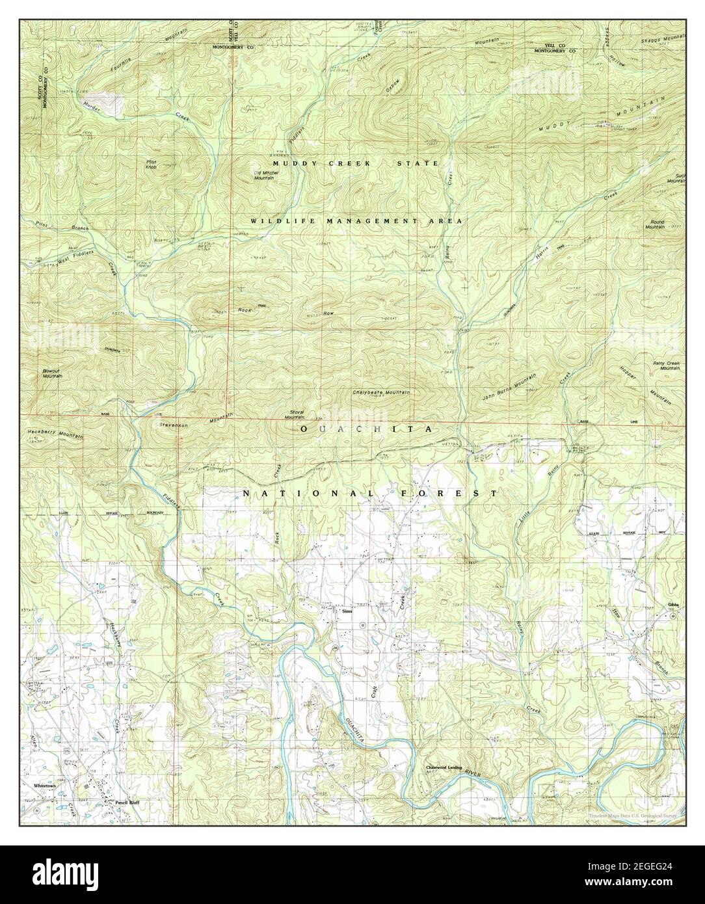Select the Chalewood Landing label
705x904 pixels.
pos(444,767)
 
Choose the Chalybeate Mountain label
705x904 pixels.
pos(380,393)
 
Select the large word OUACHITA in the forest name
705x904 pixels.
pos(366,430)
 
